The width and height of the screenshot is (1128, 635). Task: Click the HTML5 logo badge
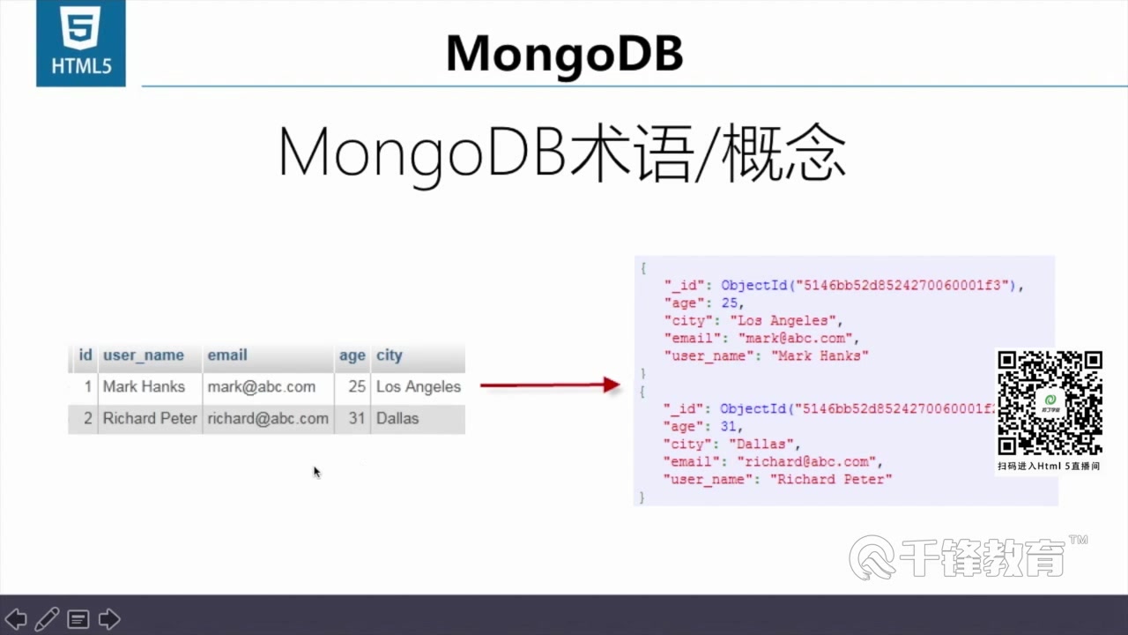(80, 42)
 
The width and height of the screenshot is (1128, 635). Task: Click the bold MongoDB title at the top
(564, 54)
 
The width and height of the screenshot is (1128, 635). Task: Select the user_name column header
(144, 355)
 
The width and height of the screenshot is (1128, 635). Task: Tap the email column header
(227, 355)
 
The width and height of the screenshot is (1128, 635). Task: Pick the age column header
(352, 355)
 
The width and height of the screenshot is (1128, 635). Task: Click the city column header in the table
(389, 355)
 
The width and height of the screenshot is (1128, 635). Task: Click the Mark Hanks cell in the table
(144, 386)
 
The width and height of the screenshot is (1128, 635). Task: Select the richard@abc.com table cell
(268, 418)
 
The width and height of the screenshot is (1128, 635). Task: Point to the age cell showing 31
(356, 418)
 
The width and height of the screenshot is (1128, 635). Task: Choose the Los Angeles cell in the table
(418, 386)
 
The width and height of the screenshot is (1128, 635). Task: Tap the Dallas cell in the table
(397, 418)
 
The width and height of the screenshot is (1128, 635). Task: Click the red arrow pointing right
(550, 385)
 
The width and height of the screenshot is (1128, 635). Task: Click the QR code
(1050, 402)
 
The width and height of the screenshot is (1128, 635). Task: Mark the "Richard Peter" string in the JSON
(831, 479)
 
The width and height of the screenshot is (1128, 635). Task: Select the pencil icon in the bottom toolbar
(48, 619)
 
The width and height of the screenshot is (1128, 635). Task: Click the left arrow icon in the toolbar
(16, 619)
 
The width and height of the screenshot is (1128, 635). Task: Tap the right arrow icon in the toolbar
(109, 619)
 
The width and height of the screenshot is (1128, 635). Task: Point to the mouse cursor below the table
(316, 472)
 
